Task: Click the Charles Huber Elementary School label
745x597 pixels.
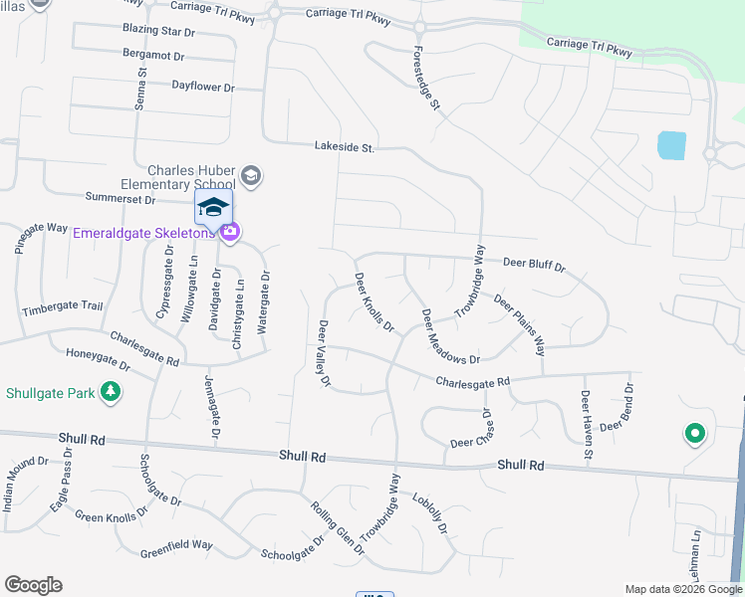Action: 189,176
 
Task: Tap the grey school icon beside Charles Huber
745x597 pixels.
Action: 250,176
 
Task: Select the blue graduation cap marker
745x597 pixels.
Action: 213,208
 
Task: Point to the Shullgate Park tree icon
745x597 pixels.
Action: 112,392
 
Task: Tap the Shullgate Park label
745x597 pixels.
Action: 50,392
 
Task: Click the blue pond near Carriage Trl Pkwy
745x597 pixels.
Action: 671,145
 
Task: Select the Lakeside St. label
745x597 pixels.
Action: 344,147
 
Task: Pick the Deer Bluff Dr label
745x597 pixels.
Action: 534,266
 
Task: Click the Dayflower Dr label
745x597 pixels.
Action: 202,88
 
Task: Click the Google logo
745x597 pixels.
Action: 33,585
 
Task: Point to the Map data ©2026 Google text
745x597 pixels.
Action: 682,589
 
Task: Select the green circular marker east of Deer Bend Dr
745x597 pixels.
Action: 694,433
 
